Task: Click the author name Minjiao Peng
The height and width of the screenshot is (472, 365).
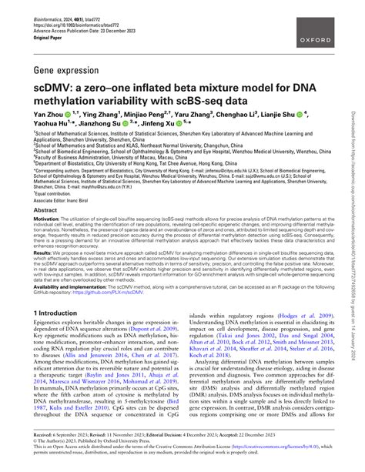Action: pos(146,114)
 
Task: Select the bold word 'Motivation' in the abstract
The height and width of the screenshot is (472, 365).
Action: pos(48,218)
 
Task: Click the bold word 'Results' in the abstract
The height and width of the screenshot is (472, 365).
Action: pos(43,251)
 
